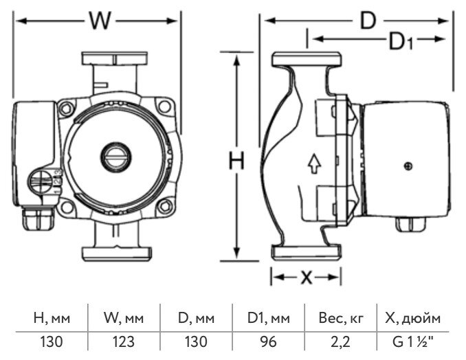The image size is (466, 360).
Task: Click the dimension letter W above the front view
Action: click(100, 21)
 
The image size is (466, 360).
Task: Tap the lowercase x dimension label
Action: click(306, 277)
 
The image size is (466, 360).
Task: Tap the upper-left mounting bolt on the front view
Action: click(67, 107)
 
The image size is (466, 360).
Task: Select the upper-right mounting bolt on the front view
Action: click(163, 107)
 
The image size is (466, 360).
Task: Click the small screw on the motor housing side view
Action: click(408, 166)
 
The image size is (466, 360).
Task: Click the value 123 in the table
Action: click(124, 341)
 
